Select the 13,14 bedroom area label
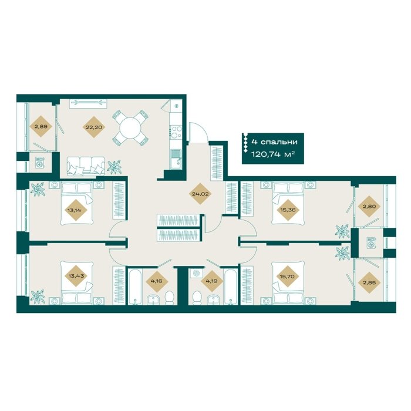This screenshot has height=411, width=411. pyautogui.click(x=75, y=210)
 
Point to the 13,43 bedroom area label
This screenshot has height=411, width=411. pyautogui.click(x=75, y=275)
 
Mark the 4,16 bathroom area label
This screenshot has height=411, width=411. pyautogui.click(x=157, y=281)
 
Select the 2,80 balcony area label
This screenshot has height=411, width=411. pyautogui.click(x=369, y=206)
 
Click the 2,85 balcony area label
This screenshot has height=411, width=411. pyautogui.click(x=369, y=282)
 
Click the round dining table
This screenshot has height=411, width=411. pyautogui.click(x=130, y=128)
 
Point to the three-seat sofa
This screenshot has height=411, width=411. pyautogui.click(x=86, y=166)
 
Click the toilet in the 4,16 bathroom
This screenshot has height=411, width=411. pyautogui.click(x=170, y=298)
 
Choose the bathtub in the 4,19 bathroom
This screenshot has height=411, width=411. pyautogui.click(x=231, y=287)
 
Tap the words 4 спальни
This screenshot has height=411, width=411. pyautogui.click(x=274, y=142)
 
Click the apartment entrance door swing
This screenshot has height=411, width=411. pyautogui.click(x=198, y=132)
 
